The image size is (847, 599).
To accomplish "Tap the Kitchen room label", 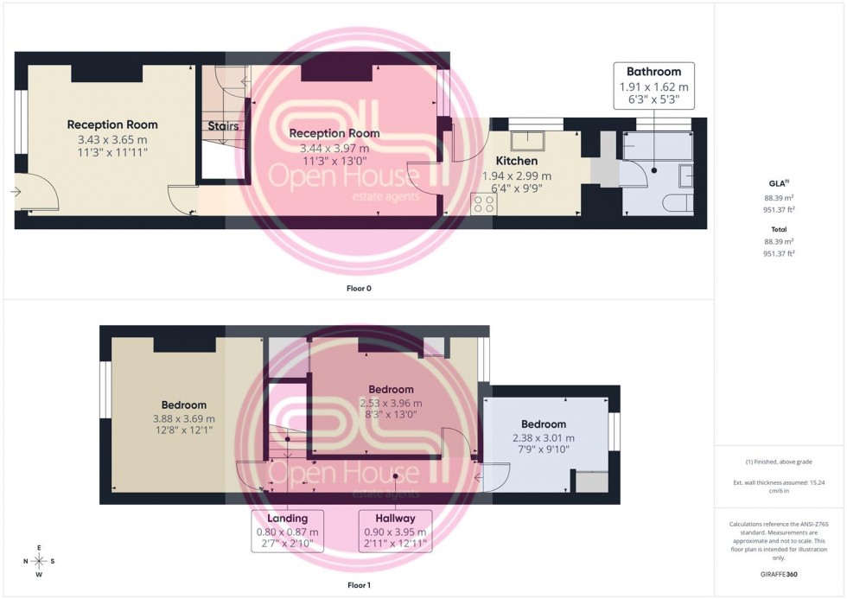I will coord(516,161).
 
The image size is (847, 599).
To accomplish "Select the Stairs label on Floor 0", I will coord(223,126).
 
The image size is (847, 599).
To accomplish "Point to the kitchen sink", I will coord(527,142).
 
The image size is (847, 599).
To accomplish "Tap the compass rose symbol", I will coord(39,561).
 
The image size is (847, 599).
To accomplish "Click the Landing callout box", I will coord(288,531).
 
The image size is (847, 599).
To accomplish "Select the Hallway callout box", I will coord(394,531).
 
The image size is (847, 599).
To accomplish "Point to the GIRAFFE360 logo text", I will coord(780,574).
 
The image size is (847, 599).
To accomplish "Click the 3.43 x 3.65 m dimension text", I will coord(112,139).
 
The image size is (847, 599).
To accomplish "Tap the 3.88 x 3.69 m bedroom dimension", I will coord(183,419).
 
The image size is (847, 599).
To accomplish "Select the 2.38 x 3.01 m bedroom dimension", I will coord(543,438).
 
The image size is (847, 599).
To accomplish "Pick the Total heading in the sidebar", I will coord(779,229).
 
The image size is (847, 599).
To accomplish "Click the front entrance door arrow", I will coord(19,191).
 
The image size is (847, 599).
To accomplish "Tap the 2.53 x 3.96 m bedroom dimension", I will coord(391,403).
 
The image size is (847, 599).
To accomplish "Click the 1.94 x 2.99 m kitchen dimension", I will coord(516,175).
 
